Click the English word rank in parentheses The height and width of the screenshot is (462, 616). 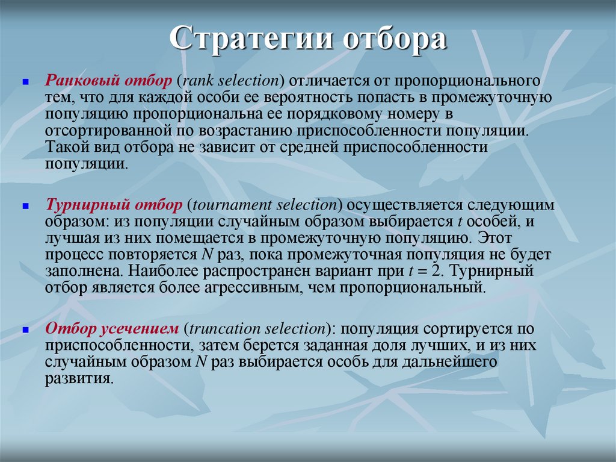[x=198, y=81]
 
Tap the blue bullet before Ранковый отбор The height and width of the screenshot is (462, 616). [x=26, y=81]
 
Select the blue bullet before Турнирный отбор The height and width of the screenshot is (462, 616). [x=26, y=206]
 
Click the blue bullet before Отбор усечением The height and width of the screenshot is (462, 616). [x=26, y=329]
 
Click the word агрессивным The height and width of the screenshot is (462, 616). [x=248, y=288]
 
